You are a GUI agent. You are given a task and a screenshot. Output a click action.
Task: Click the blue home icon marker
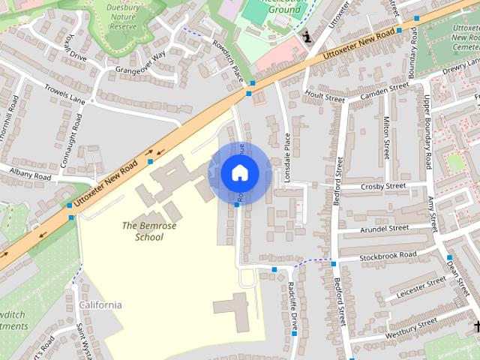pyautogui.click(x=238, y=173)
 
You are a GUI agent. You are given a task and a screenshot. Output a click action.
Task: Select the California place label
pyautogui.click(x=100, y=305)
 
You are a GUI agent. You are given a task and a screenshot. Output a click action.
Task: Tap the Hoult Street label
pyautogui.click(x=325, y=97)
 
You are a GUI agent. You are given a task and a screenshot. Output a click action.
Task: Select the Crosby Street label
pyautogui.click(x=382, y=186)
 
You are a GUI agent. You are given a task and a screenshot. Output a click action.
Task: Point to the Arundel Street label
pyautogui.click(x=384, y=227)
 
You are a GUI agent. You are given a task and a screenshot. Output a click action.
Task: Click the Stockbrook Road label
pyautogui.click(x=387, y=256)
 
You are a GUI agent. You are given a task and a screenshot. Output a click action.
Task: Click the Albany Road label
pyautogui.click(x=30, y=175)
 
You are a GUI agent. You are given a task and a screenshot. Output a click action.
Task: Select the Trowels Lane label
pyautogui.click(x=65, y=95)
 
